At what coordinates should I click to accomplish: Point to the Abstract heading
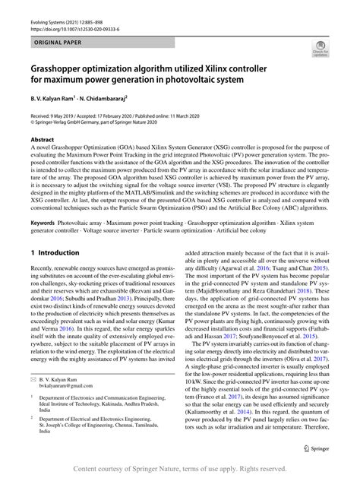[42, 140]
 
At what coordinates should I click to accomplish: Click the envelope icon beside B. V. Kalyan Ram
[33, 399]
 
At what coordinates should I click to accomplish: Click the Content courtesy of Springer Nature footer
[180, 470]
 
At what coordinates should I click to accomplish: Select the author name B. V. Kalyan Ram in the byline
[58, 98]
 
